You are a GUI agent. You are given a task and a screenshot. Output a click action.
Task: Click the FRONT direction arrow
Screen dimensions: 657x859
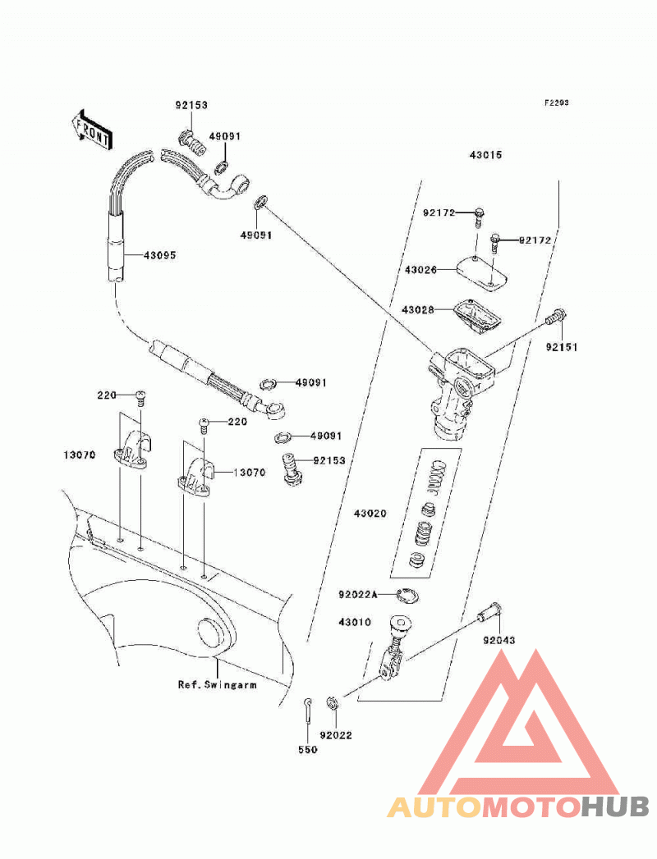(91, 130)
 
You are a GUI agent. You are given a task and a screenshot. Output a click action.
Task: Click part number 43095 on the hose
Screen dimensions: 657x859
(159, 255)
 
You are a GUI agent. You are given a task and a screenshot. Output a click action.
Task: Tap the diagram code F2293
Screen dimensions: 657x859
(556, 103)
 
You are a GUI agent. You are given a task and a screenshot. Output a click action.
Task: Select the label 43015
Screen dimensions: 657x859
(485, 155)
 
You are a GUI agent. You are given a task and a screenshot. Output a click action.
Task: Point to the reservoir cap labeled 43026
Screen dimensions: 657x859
(482, 272)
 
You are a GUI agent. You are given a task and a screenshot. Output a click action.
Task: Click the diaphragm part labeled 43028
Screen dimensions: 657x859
(475, 316)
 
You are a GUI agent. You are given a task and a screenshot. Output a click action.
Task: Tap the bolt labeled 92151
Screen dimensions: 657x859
(556, 316)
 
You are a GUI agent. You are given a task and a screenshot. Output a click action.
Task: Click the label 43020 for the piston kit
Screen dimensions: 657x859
(370, 514)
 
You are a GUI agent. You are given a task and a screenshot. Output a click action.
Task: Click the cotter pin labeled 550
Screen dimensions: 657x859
(308, 712)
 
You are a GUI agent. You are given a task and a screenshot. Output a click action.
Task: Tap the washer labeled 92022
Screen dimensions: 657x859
(333, 702)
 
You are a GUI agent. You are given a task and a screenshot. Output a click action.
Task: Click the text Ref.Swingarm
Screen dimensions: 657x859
(217, 684)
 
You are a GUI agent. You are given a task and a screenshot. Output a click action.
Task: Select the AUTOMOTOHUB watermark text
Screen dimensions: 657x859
(517, 806)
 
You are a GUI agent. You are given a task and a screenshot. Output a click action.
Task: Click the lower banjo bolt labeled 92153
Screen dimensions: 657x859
(292, 468)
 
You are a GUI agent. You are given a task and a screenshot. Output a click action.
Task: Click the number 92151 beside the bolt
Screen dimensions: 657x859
(562, 347)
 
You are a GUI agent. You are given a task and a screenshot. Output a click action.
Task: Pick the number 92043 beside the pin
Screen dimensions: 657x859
(499, 640)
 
